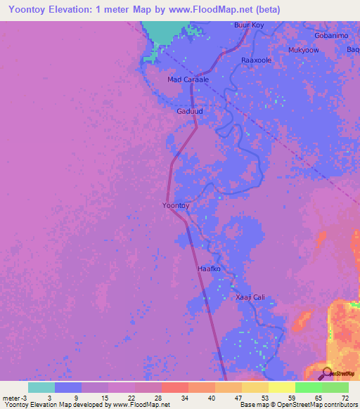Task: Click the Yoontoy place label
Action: point(176,205)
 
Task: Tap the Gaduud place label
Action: point(190,111)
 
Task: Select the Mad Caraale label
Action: point(188,79)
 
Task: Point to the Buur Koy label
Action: point(249,25)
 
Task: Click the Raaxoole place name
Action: point(256,60)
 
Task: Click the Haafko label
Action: point(209,269)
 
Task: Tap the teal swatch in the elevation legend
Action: point(41,387)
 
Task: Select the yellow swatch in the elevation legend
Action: point(281,387)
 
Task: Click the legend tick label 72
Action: point(345,397)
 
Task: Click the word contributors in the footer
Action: point(337,404)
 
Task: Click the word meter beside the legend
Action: point(12,397)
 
